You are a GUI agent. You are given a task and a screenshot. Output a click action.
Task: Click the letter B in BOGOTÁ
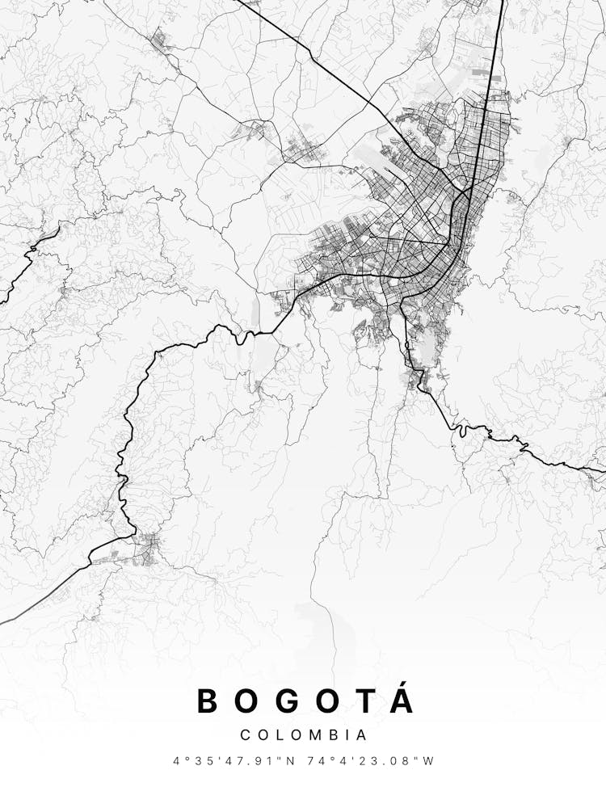pyautogui.click(x=209, y=701)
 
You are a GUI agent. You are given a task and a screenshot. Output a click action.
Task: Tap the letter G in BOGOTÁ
pyautogui.click(x=292, y=701)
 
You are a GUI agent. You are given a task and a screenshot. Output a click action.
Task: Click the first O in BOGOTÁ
pyautogui.click(x=250, y=701)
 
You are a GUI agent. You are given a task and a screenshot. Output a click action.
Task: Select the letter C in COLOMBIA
pyautogui.click(x=245, y=735)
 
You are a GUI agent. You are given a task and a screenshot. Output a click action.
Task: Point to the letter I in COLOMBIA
pyautogui.click(x=346, y=735)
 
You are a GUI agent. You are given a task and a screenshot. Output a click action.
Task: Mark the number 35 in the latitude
pyautogui.click(x=206, y=761)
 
